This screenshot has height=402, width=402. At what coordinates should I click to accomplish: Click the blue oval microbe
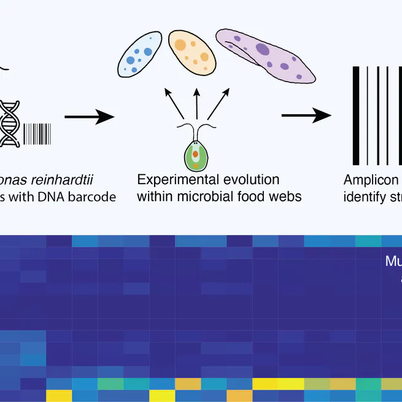point(140,55)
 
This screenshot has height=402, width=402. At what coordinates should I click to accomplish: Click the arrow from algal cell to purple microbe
point(216,105)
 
